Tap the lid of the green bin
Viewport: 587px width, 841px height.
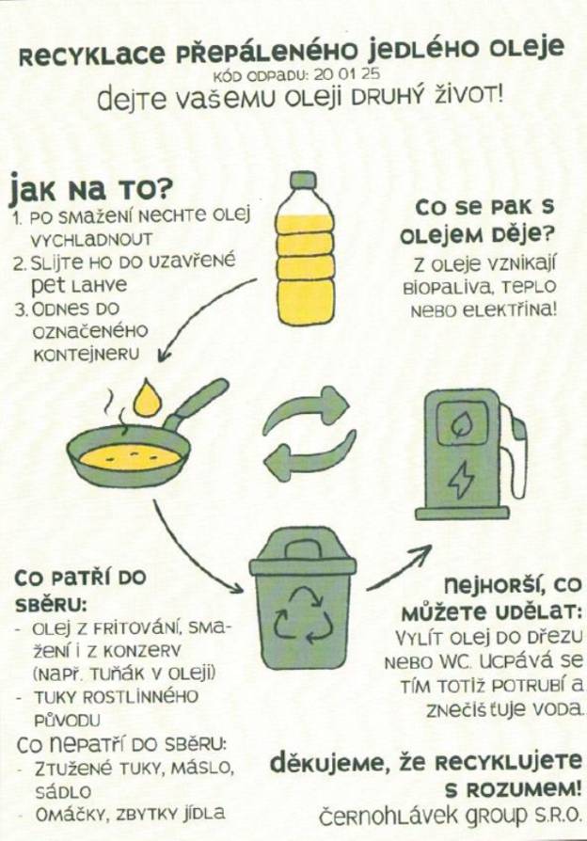(302, 555)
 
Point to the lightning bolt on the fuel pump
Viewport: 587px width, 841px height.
(462, 480)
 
